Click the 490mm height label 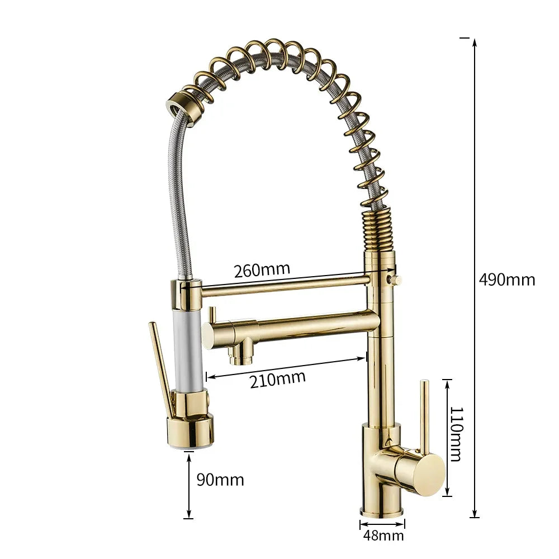pyautogui.click(x=507, y=279)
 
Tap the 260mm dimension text pyautogui.click(x=262, y=270)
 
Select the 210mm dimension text pyautogui.click(x=278, y=379)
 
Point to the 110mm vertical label pyautogui.click(x=455, y=434)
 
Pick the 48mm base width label pyautogui.click(x=383, y=536)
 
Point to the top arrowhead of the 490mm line pyautogui.click(x=475, y=42)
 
